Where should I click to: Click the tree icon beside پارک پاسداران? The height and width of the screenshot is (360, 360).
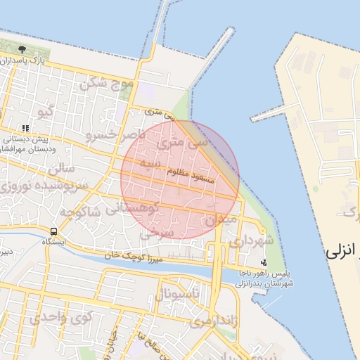click(x=22, y=49)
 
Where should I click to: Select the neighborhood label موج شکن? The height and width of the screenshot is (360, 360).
click(x=107, y=83)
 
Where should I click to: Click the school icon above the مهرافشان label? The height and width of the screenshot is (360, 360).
click(x=26, y=129)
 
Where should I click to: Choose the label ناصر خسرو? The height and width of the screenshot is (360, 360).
click(x=116, y=134)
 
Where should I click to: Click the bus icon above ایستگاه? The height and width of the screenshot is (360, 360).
click(x=54, y=231)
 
